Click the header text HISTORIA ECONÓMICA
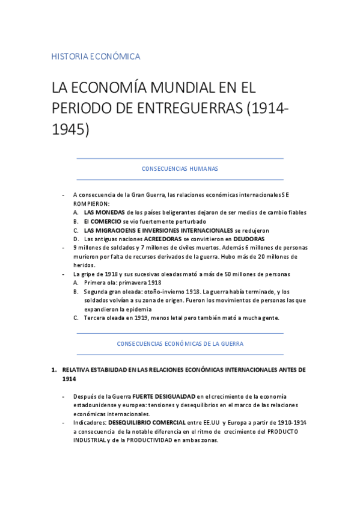tap(96, 57)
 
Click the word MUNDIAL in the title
tap(168, 88)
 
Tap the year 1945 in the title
tap(70, 129)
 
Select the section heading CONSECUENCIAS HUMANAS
tap(180, 169)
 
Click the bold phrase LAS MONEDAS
tap(105, 212)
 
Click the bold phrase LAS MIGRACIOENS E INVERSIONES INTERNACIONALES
tap(158, 230)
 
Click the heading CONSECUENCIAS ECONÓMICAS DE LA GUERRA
tap(180, 343)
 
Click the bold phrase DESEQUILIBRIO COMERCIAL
tap(152, 423)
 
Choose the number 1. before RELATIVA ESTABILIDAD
tap(53, 369)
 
